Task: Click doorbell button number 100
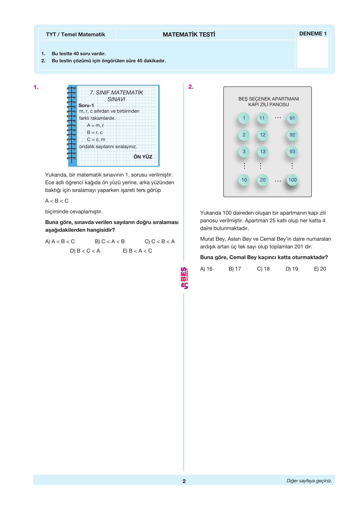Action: pyautogui.click(x=292, y=180)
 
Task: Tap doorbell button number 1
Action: pyautogui.click(x=244, y=118)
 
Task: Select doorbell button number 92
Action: pyautogui.click(x=292, y=135)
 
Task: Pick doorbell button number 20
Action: pyautogui.click(x=263, y=180)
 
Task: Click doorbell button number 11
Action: pyautogui.click(x=262, y=118)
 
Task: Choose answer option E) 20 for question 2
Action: pyautogui.click(x=320, y=269)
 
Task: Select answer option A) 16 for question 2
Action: pyautogui.click(x=206, y=269)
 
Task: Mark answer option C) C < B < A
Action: pyautogui.click(x=160, y=242)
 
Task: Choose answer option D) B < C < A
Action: pyautogui.click(x=85, y=251)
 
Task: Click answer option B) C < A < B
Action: pyautogui.click(x=110, y=242)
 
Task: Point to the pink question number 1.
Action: pyautogui.click(x=36, y=87)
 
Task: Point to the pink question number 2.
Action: pyautogui.click(x=191, y=87)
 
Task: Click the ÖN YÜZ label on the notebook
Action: pyautogui.click(x=143, y=157)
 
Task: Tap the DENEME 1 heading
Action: pyautogui.click(x=313, y=34)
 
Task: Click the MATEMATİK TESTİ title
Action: pyautogui.click(x=189, y=35)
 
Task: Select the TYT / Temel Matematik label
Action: pyautogui.click(x=75, y=35)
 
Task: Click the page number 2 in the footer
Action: pyautogui.click(x=184, y=481)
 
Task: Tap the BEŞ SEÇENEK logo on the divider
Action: pyautogui.click(x=184, y=278)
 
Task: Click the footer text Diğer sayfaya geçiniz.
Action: pyautogui.click(x=309, y=481)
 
